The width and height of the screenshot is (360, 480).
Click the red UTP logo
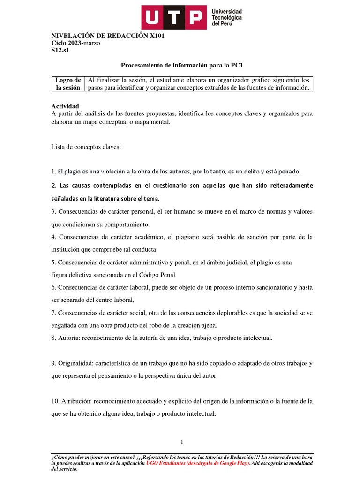pos(173,17)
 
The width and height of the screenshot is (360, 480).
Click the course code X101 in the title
pos(155,36)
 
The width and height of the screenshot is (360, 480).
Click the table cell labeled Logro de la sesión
pos(67,83)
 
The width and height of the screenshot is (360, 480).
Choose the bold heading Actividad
pos(65,106)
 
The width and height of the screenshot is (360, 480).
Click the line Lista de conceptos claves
pos(86,147)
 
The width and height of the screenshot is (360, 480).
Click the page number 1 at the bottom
pos(182,442)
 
